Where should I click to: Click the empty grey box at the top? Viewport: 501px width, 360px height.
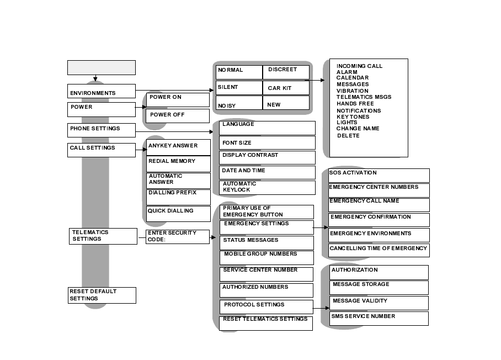tap(101, 67)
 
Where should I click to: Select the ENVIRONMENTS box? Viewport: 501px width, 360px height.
tap(101, 91)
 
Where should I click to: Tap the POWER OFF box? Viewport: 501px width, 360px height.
tap(177, 115)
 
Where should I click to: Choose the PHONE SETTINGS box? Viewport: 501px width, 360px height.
tap(101, 130)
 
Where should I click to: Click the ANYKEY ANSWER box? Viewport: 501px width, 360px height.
tap(178, 147)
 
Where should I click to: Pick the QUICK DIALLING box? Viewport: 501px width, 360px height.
tap(178, 214)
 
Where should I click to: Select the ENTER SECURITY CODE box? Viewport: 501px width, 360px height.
tap(177, 236)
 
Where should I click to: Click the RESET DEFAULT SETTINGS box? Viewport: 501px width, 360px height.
tap(102, 295)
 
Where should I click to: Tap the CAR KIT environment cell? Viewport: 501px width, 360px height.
tap(285, 88)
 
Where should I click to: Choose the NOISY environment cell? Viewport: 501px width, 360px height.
tap(238, 103)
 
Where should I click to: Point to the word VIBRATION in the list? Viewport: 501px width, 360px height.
tap(352, 91)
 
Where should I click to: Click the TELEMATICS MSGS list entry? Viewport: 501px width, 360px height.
tap(364, 97)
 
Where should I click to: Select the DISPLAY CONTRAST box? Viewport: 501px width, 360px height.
tap(267, 157)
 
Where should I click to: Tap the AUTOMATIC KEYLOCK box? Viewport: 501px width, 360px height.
tap(267, 187)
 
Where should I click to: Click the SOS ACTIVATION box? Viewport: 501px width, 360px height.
tap(379, 175)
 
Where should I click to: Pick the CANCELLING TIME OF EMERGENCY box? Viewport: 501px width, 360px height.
tap(379, 250)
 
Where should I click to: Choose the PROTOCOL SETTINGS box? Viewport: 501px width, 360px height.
tap(266, 306)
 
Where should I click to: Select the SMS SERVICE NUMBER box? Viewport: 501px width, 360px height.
tap(379, 318)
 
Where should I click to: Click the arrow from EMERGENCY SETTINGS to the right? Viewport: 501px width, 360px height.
tap(321, 227)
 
